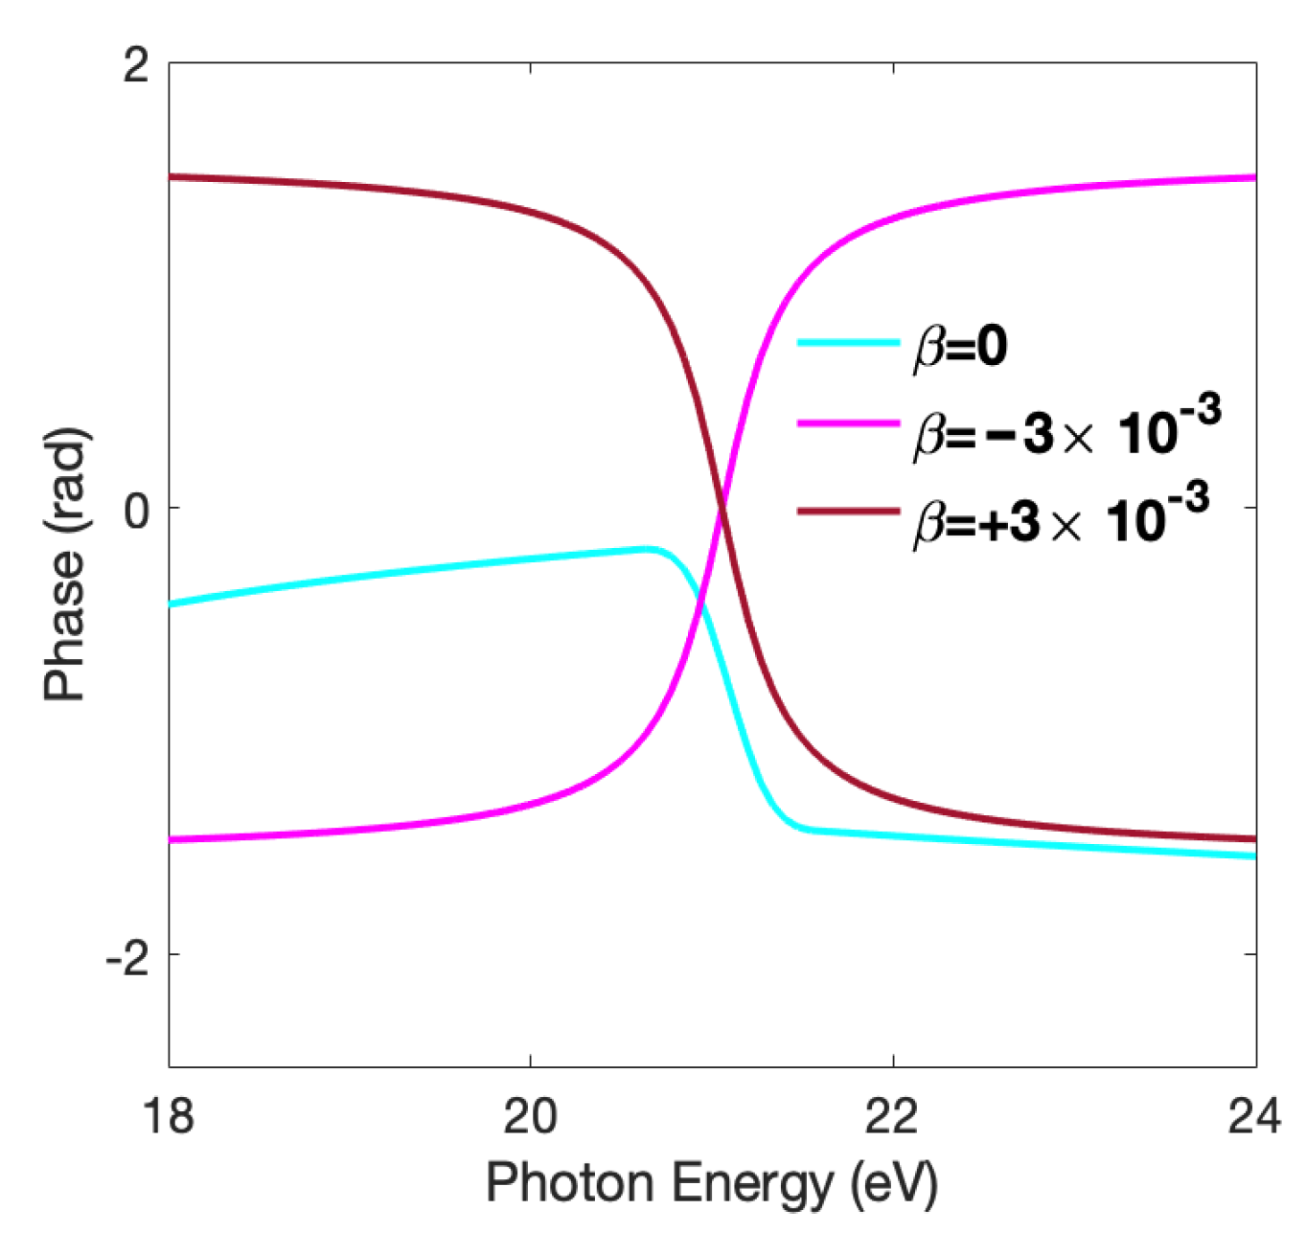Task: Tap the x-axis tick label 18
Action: point(169,1117)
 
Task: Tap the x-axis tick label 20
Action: point(530,1117)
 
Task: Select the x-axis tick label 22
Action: point(892,1117)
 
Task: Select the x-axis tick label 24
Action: point(1253,1117)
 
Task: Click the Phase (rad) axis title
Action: point(65,565)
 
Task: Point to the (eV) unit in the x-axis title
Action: point(894,1184)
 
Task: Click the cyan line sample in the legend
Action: point(848,342)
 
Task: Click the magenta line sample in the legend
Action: point(848,423)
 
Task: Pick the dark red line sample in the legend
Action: point(848,511)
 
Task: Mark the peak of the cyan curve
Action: point(650,548)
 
